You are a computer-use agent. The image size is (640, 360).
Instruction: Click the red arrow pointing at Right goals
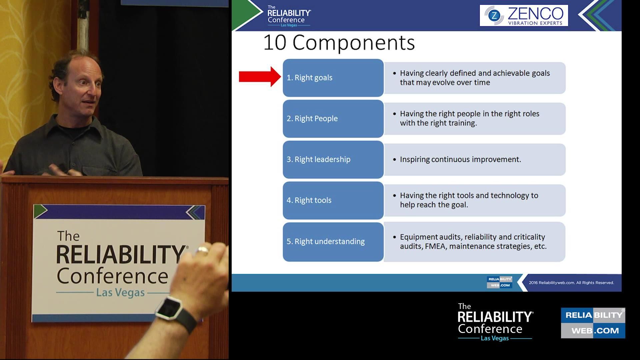click(259, 77)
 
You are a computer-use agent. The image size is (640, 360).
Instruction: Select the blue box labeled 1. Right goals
click(333, 78)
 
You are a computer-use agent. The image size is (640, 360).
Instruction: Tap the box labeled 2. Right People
click(333, 119)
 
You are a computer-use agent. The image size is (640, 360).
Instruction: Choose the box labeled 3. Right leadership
click(333, 159)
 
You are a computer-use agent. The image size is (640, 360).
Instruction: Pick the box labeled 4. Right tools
click(333, 200)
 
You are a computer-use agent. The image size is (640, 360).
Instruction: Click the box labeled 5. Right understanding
click(333, 241)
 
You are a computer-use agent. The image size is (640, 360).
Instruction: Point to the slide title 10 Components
click(339, 43)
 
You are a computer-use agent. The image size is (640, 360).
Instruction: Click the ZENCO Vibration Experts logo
click(523, 15)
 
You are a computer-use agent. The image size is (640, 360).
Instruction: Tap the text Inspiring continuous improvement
click(460, 159)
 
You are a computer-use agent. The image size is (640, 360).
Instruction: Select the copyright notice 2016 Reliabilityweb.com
click(571, 283)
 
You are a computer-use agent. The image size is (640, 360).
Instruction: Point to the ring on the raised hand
click(202, 250)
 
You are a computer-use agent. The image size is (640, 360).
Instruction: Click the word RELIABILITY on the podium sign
click(120, 255)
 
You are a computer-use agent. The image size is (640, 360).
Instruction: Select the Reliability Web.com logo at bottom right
click(593, 323)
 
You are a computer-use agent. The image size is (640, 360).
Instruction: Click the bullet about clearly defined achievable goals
click(475, 78)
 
